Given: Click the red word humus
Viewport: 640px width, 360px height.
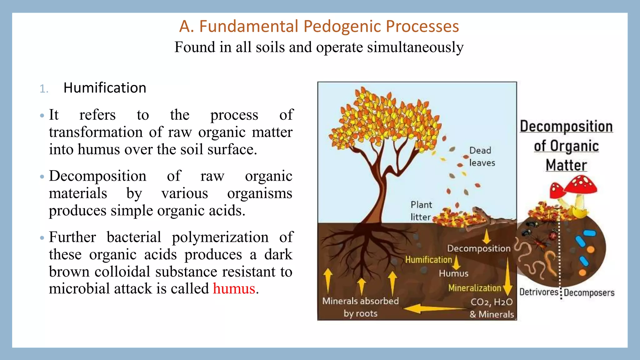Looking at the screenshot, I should [x=234, y=288].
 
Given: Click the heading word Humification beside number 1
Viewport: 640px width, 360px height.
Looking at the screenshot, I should [x=105, y=88].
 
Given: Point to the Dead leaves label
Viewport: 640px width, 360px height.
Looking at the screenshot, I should [x=482, y=157].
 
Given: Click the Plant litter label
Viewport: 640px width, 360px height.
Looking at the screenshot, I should [x=421, y=211].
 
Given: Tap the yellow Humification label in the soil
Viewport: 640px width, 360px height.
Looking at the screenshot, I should [x=428, y=260].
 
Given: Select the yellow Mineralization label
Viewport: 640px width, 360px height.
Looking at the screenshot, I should [x=474, y=288].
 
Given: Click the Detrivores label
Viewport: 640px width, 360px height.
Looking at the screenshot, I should [x=538, y=292].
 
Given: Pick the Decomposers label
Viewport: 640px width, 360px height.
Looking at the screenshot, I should [x=589, y=293].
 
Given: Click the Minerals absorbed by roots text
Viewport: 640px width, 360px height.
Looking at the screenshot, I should [x=360, y=307].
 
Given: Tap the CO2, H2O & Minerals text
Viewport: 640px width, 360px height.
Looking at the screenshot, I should [x=492, y=308].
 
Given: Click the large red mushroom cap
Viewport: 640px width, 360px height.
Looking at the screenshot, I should [x=582, y=185].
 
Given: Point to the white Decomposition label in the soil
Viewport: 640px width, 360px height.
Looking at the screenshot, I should [x=478, y=248].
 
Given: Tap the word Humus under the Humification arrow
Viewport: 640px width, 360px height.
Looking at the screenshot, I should [x=453, y=273].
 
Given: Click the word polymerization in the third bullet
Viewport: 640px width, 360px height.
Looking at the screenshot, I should [x=220, y=237].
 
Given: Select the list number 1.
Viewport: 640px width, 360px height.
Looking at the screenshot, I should [x=44, y=89].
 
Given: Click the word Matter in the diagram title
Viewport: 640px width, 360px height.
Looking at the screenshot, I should [x=566, y=165].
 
